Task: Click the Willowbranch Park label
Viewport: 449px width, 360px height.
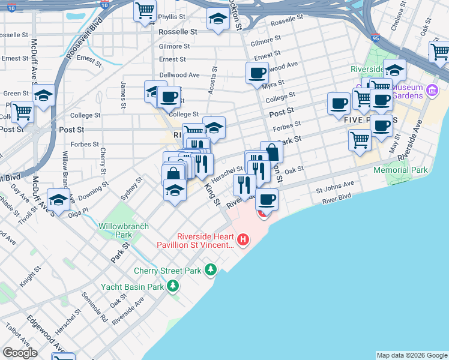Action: tap(115, 230)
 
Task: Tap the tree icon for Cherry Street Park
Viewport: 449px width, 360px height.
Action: tap(210, 270)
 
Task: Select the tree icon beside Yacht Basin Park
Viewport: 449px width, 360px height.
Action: tap(173, 286)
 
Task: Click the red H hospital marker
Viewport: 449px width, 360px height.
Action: tap(243, 241)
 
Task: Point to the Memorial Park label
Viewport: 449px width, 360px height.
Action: tap(400, 170)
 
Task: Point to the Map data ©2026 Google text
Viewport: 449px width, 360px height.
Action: tap(411, 355)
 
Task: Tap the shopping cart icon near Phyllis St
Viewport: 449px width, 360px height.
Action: tap(145, 10)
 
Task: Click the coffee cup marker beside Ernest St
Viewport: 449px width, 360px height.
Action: tap(257, 73)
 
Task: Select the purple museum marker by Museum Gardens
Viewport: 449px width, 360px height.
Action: tap(431, 92)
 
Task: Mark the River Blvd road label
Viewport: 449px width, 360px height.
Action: tap(337, 197)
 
